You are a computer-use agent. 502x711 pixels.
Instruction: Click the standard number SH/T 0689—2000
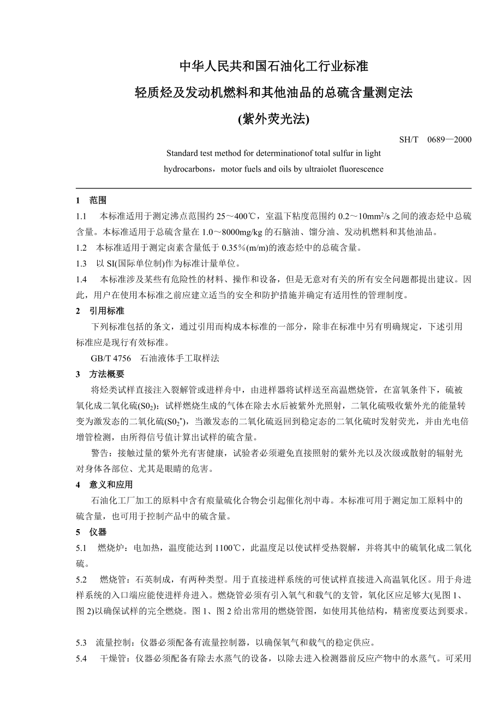point(435,139)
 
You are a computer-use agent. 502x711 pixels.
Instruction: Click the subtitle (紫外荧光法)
point(273,119)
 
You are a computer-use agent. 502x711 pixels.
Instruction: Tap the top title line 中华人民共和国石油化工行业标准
point(274,67)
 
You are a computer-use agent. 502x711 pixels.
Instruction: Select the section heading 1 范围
point(91,200)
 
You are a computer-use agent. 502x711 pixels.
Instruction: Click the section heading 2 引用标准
point(100,311)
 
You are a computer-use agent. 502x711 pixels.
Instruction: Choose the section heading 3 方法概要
point(100,374)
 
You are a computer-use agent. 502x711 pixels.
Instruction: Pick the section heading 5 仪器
point(91,532)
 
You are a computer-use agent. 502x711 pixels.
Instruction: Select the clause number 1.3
point(82,264)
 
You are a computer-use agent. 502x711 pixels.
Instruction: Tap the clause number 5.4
point(82,659)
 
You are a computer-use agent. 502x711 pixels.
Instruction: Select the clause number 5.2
point(82,579)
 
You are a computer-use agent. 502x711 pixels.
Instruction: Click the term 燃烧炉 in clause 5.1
point(109,548)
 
